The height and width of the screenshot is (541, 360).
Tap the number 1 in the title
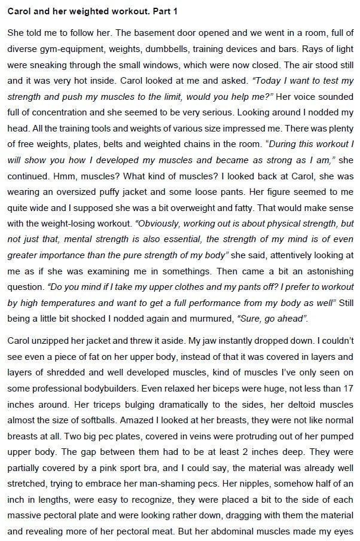click(x=175, y=11)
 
